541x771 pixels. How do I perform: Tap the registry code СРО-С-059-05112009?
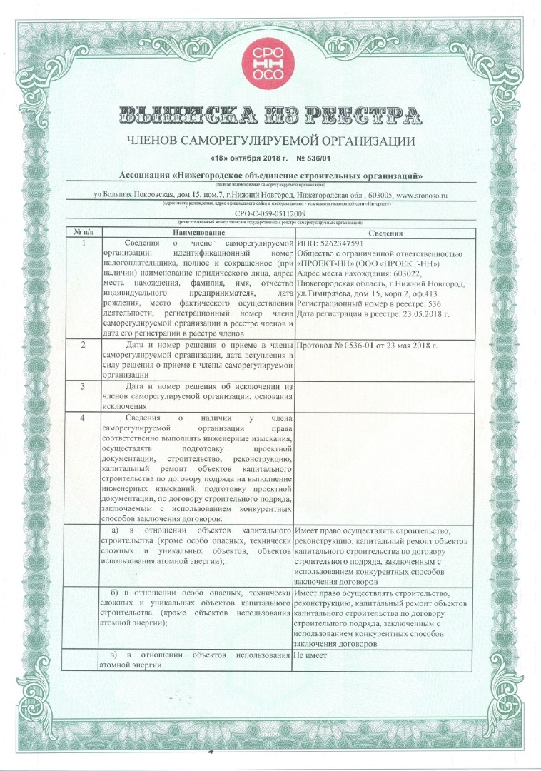click(270, 213)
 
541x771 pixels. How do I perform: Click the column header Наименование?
click(197, 233)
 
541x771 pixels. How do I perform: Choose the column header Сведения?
click(385, 233)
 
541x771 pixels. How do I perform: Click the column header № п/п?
click(84, 233)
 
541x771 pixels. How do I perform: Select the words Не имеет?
click(310, 655)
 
